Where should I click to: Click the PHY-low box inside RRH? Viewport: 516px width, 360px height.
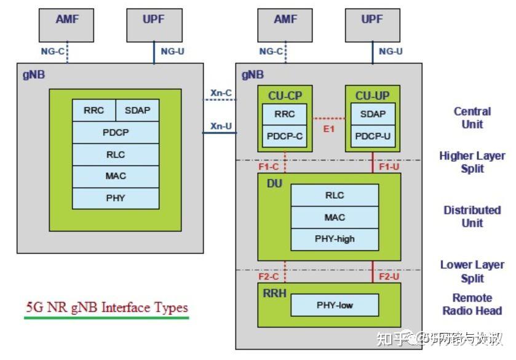[x=335, y=305]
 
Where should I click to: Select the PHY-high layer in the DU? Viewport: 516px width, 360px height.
[x=335, y=238]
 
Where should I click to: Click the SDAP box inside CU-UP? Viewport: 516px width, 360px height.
[x=372, y=114]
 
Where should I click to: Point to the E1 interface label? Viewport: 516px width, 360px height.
[x=328, y=129]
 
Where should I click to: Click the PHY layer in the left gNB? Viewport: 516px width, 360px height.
[x=115, y=198]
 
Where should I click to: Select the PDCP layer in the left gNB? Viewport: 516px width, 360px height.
[x=115, y=132]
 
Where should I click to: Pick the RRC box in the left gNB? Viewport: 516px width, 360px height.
[x=93, y=111]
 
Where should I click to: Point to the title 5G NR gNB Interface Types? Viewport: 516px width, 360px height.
[x=106, y=307]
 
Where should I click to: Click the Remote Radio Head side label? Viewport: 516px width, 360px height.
[x=472, y=304]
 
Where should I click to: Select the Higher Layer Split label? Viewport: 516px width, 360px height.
[x=472, y=162]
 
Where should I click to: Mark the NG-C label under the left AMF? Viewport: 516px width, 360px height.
[x=52, y=52]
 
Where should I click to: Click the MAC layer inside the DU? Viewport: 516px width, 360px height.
[x=335, y=217]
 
